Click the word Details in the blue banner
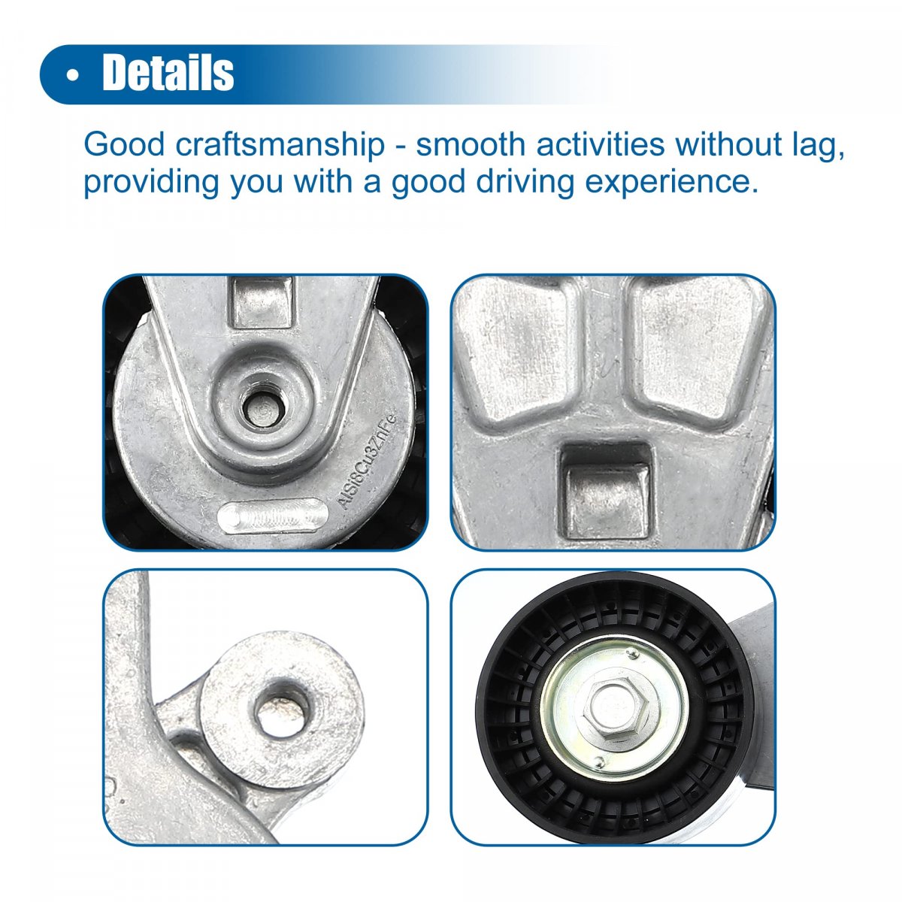(168, 73)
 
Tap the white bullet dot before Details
(72, 75)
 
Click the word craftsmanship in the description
(280, 144)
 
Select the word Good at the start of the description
(124, 144)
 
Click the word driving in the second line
(525, 183)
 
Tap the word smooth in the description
(471, 144)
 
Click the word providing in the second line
(151, 183)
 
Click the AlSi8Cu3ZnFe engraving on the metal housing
(368, 461)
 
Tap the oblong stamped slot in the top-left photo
(272, 516)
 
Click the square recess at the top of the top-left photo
(262, 302)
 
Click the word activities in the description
(601, 144)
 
